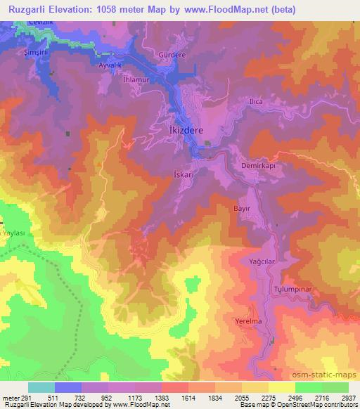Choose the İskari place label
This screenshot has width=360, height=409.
coord(184,171)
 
